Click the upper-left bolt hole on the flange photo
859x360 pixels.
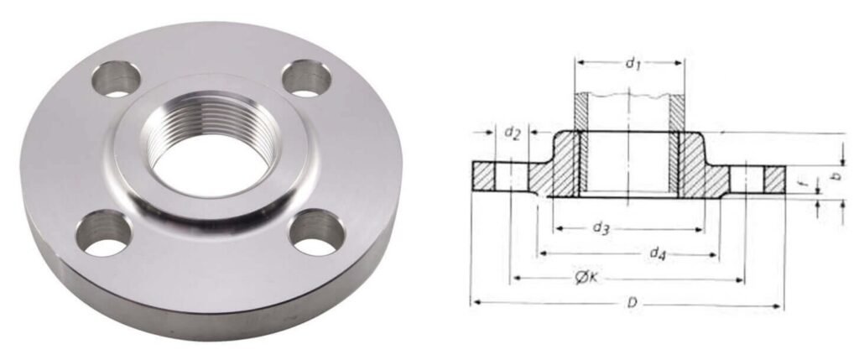(x=115, y=79)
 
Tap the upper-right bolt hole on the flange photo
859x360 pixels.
(x=306, y=79)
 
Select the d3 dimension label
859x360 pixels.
(x=601, y=227)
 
